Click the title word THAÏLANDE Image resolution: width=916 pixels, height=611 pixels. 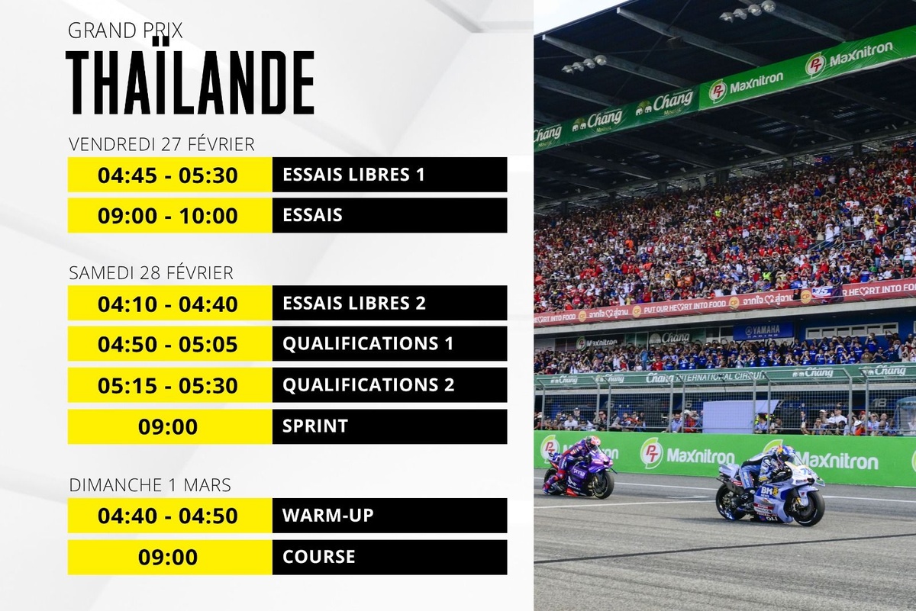pos(190,83)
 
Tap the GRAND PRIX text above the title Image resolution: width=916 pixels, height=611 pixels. pos(125,31)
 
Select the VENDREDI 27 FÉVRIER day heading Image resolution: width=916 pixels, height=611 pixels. pos(161,144)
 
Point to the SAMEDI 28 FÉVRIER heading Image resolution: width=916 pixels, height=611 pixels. pos(150,272)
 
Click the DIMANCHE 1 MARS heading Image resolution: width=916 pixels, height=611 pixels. pos(150,484)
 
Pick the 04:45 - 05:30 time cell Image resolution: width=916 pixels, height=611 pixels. pos(168,175)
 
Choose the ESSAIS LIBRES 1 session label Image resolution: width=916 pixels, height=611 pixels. pos(353,175)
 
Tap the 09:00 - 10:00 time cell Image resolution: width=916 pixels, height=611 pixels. pos(168,216)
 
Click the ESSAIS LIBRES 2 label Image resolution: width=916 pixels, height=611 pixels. pos(353,303)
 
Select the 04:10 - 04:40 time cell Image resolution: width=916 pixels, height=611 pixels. pos(168,304)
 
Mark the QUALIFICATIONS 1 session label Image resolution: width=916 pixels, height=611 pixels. pos(368,344)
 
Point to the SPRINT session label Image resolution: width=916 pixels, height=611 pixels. pos(315,426)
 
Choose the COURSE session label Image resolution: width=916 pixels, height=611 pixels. pos(319,557)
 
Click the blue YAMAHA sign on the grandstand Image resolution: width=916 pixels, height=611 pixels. pos(763,330)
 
